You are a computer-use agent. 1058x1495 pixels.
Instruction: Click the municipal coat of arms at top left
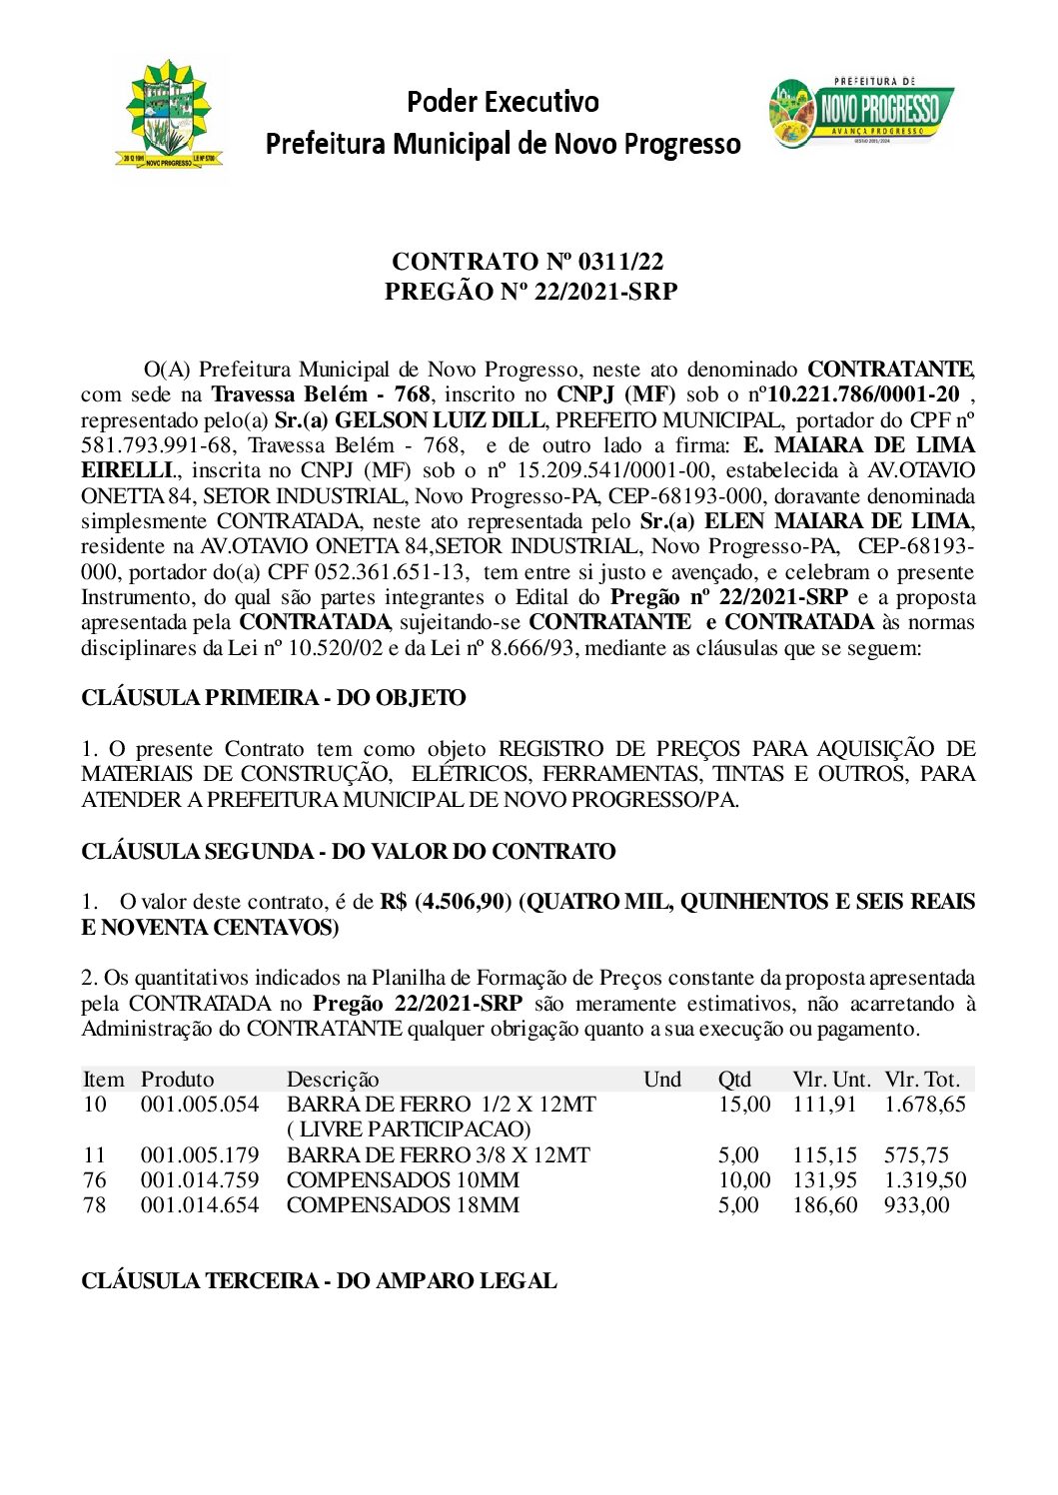click(x=169, y=115)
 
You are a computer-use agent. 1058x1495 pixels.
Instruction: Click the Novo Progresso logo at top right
click(x=861, y=112)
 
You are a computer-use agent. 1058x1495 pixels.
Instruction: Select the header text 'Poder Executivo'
click(x=503, y=102)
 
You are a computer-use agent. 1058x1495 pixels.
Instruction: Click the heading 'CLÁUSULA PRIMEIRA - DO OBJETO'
click(x=273, y=698)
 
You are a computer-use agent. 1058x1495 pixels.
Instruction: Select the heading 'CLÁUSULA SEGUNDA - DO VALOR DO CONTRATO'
click(x=348, y=852)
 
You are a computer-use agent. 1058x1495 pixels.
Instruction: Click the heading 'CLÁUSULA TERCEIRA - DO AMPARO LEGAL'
click(x=319, y=1281)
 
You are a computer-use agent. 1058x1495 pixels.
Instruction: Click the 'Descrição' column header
click(x=333, y=1080)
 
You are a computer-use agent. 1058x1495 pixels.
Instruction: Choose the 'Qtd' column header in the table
click(x=734, y=1080)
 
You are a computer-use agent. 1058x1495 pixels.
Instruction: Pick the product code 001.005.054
click(x=200, y=1105)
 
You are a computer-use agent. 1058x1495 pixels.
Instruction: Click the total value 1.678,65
click(x=925, y=1105)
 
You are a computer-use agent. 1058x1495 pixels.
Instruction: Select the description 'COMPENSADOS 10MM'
click(x=403, y=1180)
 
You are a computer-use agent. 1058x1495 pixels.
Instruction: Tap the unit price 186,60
click(x=825, y=1205)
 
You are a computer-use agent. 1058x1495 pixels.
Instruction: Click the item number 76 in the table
click(x=95, y=1180)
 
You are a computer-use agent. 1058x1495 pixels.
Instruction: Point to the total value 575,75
click(x=916, y=1155)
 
